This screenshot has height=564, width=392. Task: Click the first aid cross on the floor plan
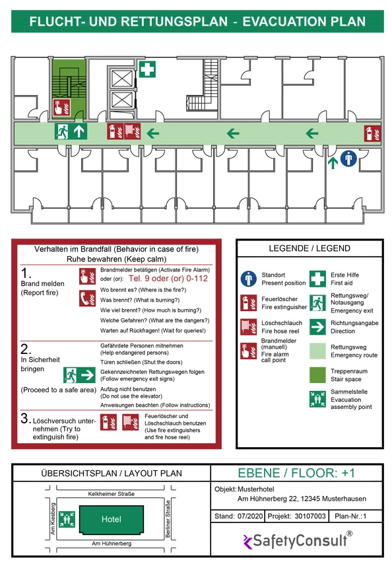coord(147,69)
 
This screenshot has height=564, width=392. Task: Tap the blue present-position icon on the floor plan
coord(348,159)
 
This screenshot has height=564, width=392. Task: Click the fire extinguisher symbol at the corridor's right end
coord(372,133)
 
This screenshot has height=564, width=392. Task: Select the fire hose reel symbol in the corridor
coord(132,131)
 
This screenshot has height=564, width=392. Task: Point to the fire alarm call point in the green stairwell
coord(62,108)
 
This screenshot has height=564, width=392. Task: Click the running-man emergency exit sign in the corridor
coord(62,131)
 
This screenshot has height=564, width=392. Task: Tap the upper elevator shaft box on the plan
coord(122,79)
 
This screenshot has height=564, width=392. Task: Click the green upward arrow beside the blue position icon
coord(333,162)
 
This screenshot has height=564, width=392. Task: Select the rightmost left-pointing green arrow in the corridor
coord(312,133)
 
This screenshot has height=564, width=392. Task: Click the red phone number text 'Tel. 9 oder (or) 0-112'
coord(168,279)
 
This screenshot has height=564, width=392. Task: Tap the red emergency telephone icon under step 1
coord(87,299)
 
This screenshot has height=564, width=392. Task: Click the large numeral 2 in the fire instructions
coord(26,349)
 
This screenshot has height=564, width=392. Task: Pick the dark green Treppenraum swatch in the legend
coord(317,375)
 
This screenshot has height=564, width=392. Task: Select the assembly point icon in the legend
coord(317,399)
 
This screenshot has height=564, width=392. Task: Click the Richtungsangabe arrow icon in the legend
coord(317,327)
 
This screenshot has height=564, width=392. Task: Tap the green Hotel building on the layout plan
coord(111,519)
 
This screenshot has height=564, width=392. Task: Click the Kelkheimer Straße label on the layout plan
coord(112,494)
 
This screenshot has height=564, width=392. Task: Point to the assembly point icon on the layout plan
coord(67,519)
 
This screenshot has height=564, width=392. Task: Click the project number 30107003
coord(310,516)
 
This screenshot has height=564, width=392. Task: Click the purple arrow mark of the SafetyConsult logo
coord(247,542)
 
